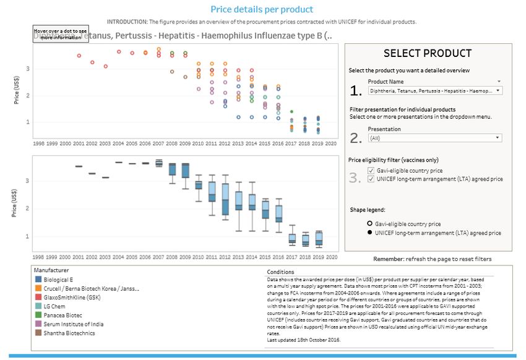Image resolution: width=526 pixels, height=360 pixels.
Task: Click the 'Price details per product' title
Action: tap(262, 9)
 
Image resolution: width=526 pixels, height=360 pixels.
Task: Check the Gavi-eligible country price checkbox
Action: tap(370, 170)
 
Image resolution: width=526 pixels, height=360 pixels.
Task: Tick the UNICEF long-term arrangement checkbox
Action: tap(370, 179)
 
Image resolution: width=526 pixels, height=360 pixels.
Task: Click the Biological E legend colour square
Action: tap(38, 279)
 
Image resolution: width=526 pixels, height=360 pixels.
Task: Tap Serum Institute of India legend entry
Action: tap(74, 324)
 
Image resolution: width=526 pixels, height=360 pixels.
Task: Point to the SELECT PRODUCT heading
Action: tap(428, 54)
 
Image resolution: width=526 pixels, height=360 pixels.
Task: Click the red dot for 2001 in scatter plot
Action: tap(79, 56)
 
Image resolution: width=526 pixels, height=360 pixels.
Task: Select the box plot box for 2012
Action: tap(225, 199)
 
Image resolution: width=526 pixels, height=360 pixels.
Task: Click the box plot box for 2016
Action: tap(278, 213)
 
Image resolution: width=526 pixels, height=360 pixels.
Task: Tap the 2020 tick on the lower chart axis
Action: tap(332, 256)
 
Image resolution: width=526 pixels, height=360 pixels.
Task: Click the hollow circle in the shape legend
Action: tap(369, 224)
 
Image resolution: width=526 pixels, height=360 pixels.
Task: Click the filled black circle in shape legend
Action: tap(369, 233)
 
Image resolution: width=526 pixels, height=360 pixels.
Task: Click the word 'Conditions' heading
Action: tap(280, 272)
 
